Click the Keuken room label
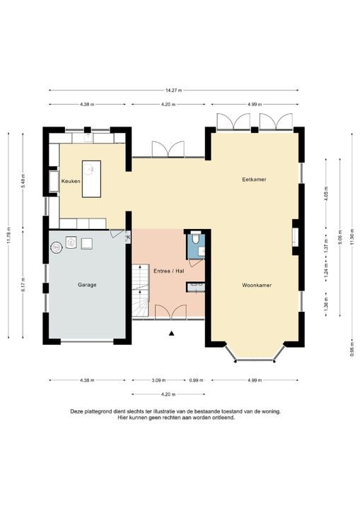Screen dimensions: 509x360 (71, 182)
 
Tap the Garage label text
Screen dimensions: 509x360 (87, 285)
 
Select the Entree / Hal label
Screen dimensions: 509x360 (169, 270)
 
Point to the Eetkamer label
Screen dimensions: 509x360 (254, 180)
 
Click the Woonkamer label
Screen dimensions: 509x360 (257, 285)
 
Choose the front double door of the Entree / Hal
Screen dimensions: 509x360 (170, 312)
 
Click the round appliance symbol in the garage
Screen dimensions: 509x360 (56, 247)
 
